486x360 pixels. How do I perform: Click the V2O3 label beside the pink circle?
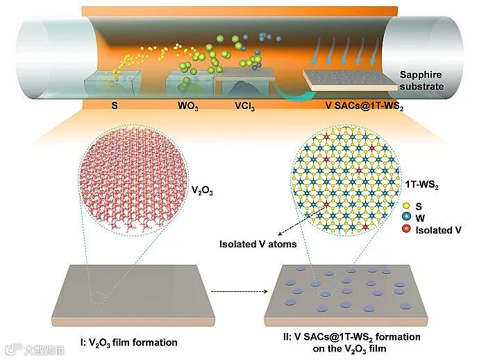tap(203, 188)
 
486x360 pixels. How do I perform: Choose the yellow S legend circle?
tap(407, 206)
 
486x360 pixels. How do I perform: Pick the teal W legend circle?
tap(407, 218)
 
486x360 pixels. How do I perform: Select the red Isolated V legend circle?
tap(407, 229)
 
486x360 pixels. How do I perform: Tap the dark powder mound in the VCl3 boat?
tap(240, 88)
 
